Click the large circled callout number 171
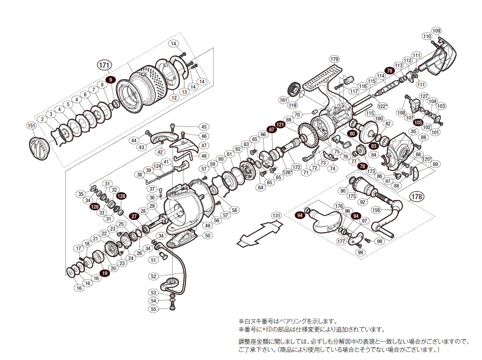click(x=104, y=65)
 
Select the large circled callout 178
click(x=417, y=197)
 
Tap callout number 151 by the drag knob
click(x=31, y=125)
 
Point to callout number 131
click(x=276, y=215)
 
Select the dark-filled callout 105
click(x=418, y=122)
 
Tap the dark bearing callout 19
click(x=105, y=273)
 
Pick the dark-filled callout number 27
click(x=134, y=216)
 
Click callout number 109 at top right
click(x=437, y=30)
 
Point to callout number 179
click(x=334, y=59)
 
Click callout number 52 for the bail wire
click(x=154, y=276)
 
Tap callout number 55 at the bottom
click(x=154, y=308)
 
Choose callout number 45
click(x=204, y=126)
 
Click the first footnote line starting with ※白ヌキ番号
click(x=287, y=321)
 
